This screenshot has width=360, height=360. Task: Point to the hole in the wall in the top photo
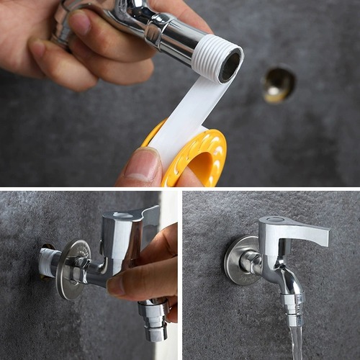279,84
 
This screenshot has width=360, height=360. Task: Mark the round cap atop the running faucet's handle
272,220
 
